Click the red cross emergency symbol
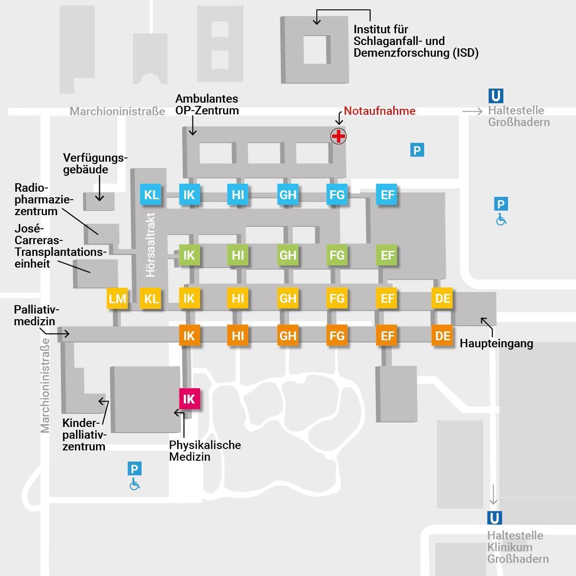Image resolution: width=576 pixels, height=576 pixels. click(x=338, y=136)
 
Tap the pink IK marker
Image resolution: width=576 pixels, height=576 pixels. click(x=189, y=399)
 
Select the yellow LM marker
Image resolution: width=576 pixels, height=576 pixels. click(x=117, y=299)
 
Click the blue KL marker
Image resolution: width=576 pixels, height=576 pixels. click(x=151, y=194)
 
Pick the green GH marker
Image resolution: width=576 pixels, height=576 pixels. click(x=288, y=255)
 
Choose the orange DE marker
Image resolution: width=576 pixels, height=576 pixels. click(x=442, y=336)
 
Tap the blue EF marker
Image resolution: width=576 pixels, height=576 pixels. click(x=387, y=194)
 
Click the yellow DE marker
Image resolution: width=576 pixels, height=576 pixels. click(x=442, y=299)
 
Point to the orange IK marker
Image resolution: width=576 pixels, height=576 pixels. click(x=189, y=336)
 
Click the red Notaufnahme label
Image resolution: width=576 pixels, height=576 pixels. click(x=380, y=111)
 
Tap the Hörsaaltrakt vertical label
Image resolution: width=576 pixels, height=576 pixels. click(x=150, y=245)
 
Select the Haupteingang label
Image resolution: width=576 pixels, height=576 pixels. click(x=496, y=343)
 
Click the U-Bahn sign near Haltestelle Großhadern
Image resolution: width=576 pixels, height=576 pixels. click(x=495, y=96)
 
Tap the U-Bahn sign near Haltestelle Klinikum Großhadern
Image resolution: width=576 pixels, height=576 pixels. click(x=494, y=518)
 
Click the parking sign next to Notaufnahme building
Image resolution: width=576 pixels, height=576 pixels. click(x=417, y=150)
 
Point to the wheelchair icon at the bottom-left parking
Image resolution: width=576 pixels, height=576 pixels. click(x=135, y=484)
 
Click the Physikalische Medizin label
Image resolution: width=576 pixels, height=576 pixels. click(x=205, y=450)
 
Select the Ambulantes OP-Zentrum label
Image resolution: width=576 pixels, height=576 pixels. click(x=207, y=105)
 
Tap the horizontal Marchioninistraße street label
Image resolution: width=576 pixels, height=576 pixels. click(x=117, y=112)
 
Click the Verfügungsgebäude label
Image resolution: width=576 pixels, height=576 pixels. click(x=95, y=164)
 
